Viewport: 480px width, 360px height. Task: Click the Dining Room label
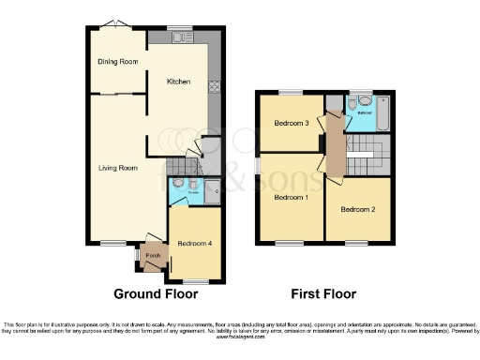tap(118, 62)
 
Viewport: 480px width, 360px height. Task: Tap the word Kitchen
tap(178, 82)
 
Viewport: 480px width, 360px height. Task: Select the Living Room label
tap(119, 168)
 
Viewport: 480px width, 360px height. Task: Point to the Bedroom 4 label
tap(194, 244)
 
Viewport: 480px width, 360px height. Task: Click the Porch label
tap(153, 253)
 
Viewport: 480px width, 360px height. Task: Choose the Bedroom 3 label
tap(292, 124)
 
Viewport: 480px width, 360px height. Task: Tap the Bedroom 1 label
tap(291, 198)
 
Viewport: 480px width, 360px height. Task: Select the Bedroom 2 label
tap(357, 208)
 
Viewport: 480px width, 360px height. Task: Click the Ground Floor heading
tap(156, 293)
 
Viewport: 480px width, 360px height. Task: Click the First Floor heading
tap(322, 293)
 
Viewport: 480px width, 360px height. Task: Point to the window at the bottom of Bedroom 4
tap(195, 279)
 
